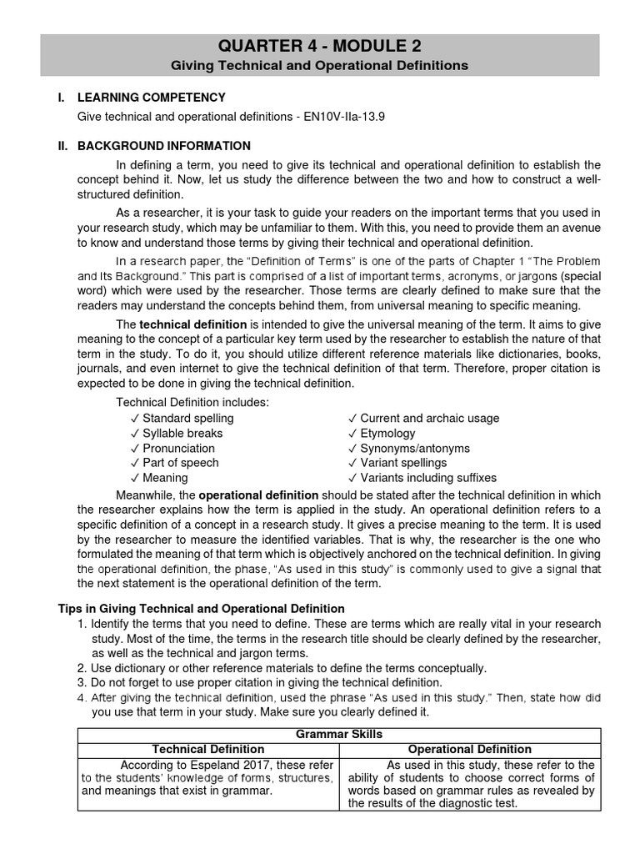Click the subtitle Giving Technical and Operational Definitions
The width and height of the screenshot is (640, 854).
(x=320, y=65)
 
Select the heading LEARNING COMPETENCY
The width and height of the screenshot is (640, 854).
(x=152, y=98)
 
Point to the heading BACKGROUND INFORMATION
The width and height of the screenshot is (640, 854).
(x=164, y=146)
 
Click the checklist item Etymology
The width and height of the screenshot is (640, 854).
(x=387, y=433)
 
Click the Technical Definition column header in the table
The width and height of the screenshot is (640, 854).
(x=208, y=750)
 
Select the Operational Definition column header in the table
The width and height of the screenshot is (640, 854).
(x=470, y=750)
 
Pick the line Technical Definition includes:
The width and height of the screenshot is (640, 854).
(x=192, y=403)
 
